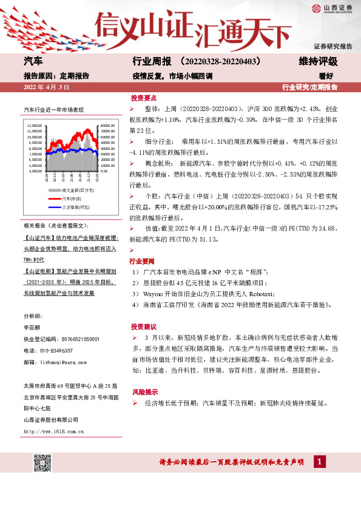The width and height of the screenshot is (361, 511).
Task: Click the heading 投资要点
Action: pos(143,97)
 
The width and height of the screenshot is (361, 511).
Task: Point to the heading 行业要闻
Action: pos(143,261)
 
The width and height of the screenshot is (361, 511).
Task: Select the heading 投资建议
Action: pos(143,326)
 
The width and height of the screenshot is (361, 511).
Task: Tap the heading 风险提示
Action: pos(143,391)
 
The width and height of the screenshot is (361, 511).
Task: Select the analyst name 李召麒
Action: pos(30,328)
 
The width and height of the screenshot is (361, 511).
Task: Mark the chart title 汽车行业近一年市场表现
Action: pos(53,110)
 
